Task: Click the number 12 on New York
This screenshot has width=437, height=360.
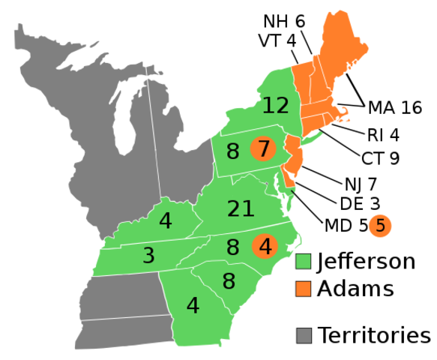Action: point(275,106)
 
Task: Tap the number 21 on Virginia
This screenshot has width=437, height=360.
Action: point(241,209)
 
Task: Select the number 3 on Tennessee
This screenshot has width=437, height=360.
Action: point(148,256)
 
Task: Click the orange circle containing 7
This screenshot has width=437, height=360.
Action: point(263,148)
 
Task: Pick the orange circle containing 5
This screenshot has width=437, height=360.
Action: point(380,225)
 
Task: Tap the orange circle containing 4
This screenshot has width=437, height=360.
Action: point(265,246)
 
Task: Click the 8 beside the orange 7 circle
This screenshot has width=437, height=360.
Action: point(232,151)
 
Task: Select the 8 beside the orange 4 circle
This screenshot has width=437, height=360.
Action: point(232,247)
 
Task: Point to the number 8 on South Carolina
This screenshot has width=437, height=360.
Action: point(229,281)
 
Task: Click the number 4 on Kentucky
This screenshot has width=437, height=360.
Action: point(165,221)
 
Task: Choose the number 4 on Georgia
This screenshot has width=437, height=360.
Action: point(193,306)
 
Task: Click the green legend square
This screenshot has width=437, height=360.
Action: point(304,261)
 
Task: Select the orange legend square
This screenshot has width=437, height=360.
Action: point(304,289)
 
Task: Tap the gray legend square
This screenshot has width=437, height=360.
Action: point(304,335)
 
